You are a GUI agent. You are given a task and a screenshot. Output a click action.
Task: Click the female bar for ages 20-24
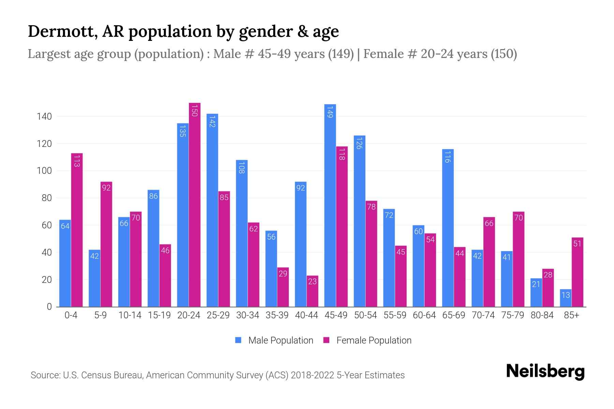[x=194, y=204]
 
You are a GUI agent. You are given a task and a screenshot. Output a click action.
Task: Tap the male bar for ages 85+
[x=566, y=298]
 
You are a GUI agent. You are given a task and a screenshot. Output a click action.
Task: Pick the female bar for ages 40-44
[x=312, y=291]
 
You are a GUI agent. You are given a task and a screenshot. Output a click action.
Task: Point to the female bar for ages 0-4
[x=77, y=230]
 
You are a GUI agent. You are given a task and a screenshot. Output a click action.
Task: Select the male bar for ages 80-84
[x=536, y=292]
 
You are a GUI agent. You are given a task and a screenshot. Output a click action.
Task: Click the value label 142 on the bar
[x=212, y=122]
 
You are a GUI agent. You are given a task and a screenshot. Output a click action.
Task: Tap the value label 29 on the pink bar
[x=283, y=274]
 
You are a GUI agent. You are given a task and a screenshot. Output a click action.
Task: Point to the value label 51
[x=577, y=244]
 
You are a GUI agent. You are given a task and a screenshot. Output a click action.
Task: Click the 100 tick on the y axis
[x=44, y=171]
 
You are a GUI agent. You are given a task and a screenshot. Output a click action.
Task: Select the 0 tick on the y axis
[x=49, y=307]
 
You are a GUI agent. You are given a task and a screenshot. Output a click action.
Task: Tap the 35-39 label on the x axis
[x=277, y=315]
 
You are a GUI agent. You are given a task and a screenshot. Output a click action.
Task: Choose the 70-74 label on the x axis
[x=483, y=315]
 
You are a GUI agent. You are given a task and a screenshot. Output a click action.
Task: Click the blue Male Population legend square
[x=238, y=340]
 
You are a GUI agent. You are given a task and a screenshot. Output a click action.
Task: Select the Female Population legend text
[x=374, y=340]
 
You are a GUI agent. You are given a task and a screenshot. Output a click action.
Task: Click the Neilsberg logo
[x=545, y=372]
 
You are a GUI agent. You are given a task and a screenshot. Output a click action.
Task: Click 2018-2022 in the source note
[x=312, y=375]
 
